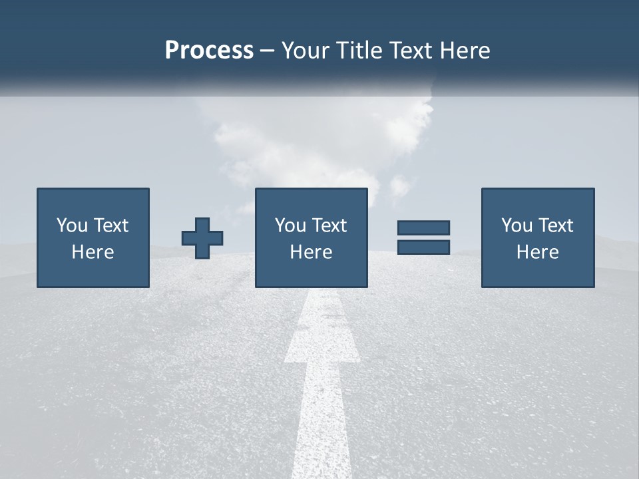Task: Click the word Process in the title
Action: (x=209, y=51)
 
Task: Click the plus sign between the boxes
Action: (x=202, y=238)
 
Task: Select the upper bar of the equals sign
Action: (x=423, y=228)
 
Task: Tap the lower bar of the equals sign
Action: (x=423, y=247)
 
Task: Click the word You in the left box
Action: (x=72, y=226)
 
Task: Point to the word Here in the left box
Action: (x=93, y=252)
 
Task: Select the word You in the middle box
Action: (x=290, y=226)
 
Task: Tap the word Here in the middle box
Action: (x=311, y=252)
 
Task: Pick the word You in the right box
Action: (x=517, y=226)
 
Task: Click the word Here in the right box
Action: (x=537, y=252)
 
